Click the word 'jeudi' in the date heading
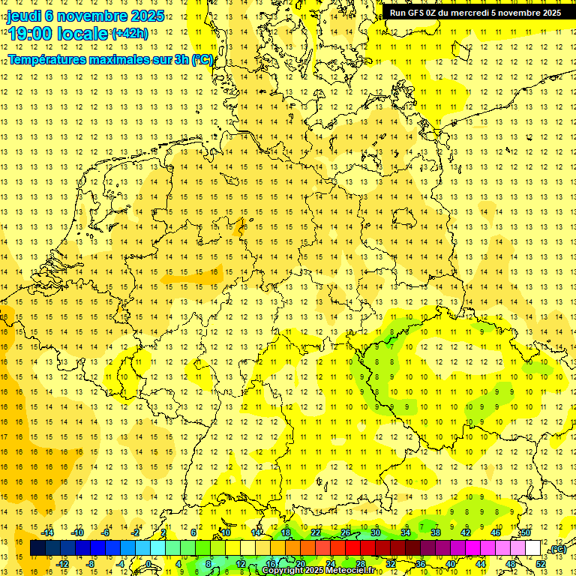click(x=22, y=16)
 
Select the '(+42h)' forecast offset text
click(x=130, y=34)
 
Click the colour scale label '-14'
click(x=49, y=532)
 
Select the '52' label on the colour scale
click(x=541, y=564)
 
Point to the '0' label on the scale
click(x=148, y=564)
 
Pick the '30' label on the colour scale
click(x=375, y=532)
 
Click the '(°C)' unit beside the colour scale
click(x=557, y=550)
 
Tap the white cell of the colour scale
click(x=533, y=548)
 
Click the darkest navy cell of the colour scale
click(x=37, y=548)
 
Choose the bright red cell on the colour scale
click(x=352, y=548)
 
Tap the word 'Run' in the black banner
click(x=398, y=13)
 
